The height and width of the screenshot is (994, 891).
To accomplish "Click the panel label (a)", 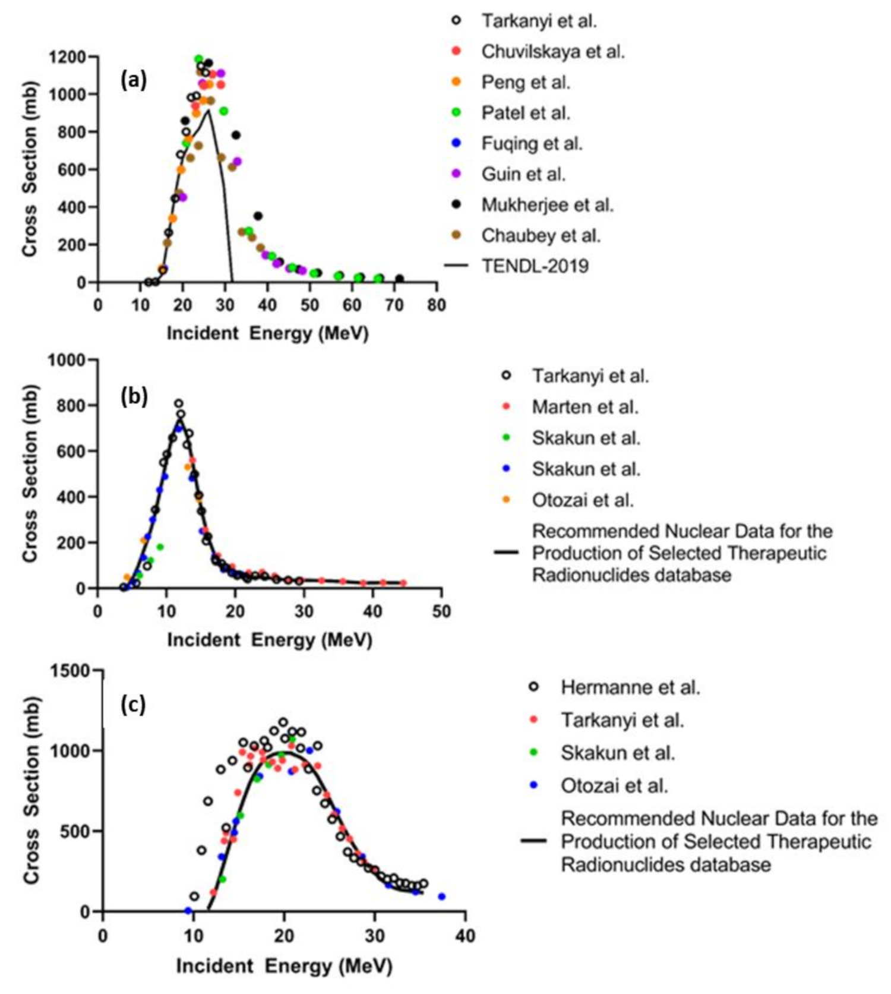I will pos(134,79).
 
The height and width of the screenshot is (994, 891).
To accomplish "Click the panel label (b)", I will pos(134,396).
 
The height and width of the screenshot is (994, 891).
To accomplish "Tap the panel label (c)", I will pos(133,704).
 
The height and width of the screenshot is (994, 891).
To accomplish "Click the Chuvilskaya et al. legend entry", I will pos(552,52).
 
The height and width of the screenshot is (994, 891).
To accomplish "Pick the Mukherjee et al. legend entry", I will pos(546,205).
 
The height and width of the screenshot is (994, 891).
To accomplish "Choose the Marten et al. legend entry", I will pos(584,407).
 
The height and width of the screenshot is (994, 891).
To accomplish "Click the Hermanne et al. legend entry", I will pos(630,687).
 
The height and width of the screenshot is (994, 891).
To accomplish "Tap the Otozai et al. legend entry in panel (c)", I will pos(614,785).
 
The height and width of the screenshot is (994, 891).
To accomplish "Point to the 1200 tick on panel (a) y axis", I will pos(68,57).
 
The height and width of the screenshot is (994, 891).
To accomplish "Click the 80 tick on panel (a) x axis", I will pos(437,305).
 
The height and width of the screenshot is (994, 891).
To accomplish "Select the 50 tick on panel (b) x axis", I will pos(441,611).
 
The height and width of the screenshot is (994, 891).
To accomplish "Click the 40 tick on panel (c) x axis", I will pos(465,936).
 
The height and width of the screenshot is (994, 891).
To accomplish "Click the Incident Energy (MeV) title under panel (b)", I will pos(269,640).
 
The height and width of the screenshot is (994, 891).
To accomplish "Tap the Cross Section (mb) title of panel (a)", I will pos(30,169).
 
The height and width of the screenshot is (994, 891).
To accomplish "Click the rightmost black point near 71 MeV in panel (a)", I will pos(399,279).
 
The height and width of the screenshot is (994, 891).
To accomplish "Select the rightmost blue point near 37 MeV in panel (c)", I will pos(441,897).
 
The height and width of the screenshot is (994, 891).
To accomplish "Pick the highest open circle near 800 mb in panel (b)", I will pos(179,404).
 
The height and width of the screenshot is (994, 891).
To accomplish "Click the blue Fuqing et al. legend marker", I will pos(456,143).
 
